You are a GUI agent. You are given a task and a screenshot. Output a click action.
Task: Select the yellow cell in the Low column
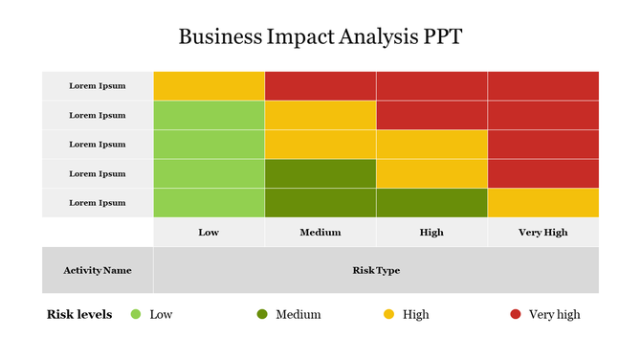click(209, 85)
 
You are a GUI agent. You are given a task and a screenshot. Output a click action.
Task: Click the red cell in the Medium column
click(320, 85)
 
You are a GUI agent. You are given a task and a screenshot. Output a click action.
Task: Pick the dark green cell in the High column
click(431, 203)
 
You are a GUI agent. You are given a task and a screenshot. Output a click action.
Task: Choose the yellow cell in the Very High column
click(543, 203)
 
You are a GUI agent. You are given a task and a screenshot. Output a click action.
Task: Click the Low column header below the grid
click(209, 233)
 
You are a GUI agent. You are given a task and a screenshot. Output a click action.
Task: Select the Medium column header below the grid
click(320, 233)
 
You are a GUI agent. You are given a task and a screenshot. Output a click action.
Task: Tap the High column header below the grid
click(431, 233)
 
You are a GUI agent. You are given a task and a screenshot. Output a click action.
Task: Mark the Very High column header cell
click(543, 233)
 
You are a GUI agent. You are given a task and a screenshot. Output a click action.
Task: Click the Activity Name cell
click(98, 270)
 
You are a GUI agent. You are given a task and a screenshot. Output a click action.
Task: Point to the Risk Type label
click(376, 270)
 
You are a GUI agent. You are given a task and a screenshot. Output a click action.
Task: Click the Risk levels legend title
click(79, 314)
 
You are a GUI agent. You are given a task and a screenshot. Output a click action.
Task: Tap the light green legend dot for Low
click(136, 314)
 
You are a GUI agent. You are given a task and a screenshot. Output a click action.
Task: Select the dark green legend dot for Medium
click(262, 314)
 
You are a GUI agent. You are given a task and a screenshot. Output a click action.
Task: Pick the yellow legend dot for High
click(388, 314)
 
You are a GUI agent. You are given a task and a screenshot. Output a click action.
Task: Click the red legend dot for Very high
click(515, 314)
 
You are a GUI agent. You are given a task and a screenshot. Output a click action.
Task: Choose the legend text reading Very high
click(554, 314)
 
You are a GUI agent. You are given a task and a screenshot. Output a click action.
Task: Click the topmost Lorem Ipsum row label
click(98, 85)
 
